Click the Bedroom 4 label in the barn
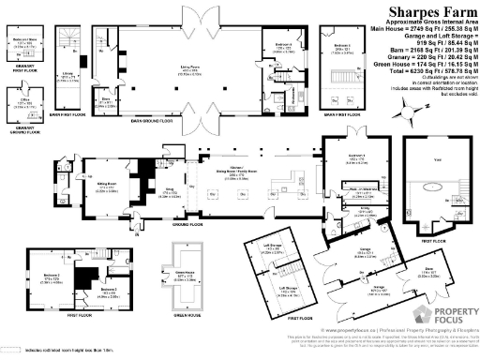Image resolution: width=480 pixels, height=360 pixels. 283,45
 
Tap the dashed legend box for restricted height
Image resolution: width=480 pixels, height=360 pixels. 10,350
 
